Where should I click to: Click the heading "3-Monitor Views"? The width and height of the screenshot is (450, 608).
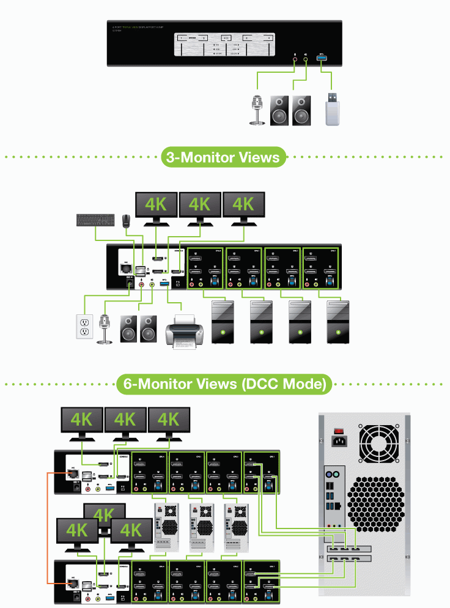[x=223, y=157]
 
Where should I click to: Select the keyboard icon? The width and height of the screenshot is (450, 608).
[x=94, y=219]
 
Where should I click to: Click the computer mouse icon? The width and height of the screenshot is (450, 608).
[x=126, y=220]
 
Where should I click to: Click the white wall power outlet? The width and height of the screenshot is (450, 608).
[x=84, y=328]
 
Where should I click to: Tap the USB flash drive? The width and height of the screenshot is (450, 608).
[x=333, y=110]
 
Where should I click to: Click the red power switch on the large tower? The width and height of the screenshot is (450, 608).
[x=337, y=428]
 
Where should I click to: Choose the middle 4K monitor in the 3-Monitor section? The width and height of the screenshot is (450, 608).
[x=199, y=206]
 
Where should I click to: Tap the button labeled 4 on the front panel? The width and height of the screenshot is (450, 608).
[x=269, y=39]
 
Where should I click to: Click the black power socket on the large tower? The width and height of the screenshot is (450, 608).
[x=338, y=440]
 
